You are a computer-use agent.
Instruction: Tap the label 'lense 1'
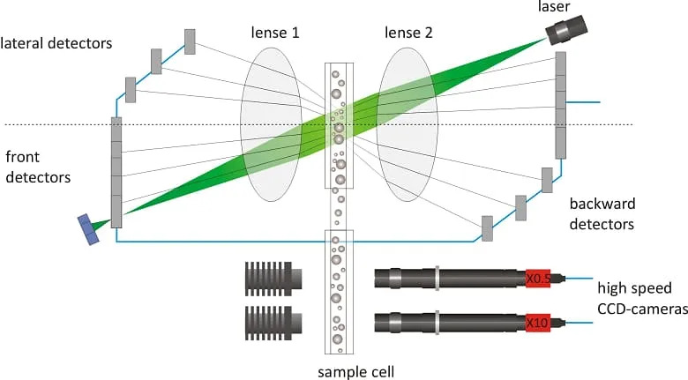[274, 34]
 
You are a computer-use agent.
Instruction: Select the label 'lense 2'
[408, 34]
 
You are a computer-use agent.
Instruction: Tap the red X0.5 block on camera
[537, 279]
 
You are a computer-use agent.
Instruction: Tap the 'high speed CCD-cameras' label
[633, 297]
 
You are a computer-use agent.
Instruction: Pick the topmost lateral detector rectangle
[190, 41]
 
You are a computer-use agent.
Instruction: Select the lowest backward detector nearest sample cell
[487, 227]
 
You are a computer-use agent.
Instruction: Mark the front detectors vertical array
[116, 172]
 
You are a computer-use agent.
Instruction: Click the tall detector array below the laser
[560, 106]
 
